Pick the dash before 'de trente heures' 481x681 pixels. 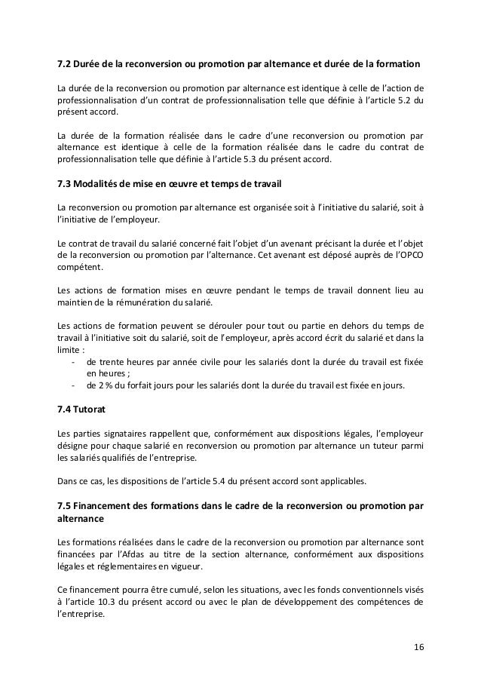tap(73, 362)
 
